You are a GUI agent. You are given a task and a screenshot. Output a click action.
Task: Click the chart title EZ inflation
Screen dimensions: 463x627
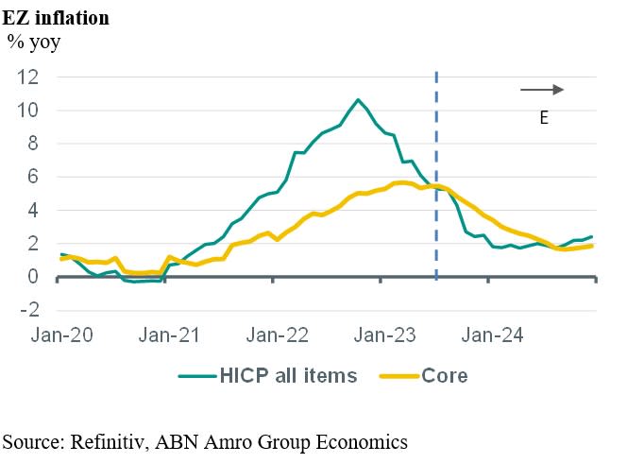(x=56, y=18)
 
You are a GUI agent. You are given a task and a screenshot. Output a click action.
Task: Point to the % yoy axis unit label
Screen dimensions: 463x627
(x=34, y=42)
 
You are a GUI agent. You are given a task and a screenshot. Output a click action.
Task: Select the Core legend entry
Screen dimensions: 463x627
(x=444, y=375)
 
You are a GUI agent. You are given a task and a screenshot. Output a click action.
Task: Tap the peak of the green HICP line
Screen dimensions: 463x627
(x=358, y=99)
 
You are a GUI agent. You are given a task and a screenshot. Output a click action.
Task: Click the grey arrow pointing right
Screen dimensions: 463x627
(x=542, y=90)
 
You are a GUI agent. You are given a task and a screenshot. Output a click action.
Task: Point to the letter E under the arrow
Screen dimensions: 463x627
(x=544, y=118)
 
